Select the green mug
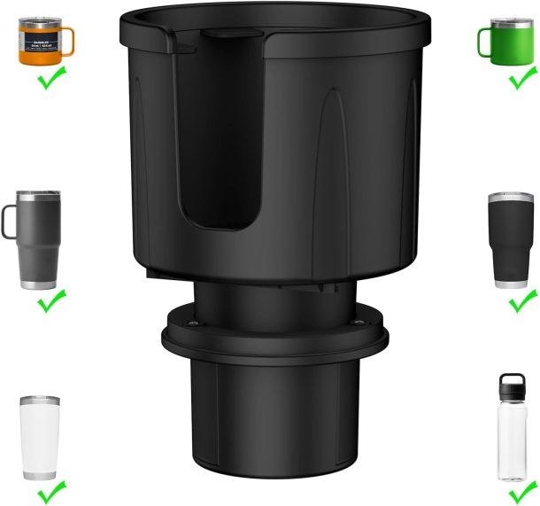click(x=509, y=41)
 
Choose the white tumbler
click(x=41, y=437)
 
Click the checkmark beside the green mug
click(x=523, y=79)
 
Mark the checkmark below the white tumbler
click(x=52, y=490)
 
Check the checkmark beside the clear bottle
click(x=522, y=490)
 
